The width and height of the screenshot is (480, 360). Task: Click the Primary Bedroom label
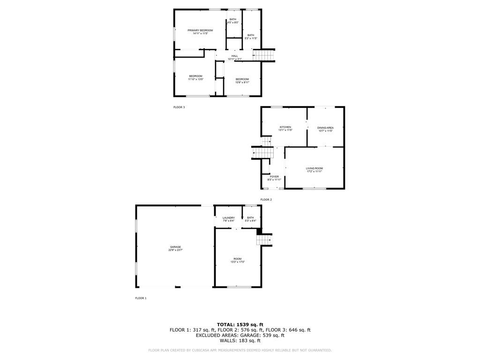point(200,32)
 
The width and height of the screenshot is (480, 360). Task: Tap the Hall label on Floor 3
point(234,58)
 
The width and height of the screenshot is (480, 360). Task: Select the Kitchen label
point(285,128)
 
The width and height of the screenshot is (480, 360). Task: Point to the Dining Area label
point(325,129)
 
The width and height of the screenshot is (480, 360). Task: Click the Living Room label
point(314,170)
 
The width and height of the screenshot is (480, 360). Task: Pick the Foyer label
point(274,178)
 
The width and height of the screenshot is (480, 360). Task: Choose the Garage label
point(175,248)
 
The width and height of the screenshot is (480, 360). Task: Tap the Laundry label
point(229,219)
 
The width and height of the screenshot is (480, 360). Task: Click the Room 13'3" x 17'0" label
point(238,260)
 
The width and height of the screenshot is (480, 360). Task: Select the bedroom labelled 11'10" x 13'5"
point(195,78)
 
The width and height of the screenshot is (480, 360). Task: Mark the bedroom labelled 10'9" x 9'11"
point(242,81)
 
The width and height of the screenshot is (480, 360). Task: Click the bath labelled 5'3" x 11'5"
point(251,37)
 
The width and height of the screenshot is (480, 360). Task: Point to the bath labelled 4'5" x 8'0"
point(233,21)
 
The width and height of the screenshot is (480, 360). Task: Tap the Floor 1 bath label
point(250,219)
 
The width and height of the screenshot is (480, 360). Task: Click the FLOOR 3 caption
point(179,107)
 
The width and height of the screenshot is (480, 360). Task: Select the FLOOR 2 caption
point(266,200)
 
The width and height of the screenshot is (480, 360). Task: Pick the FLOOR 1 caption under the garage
point(141,298)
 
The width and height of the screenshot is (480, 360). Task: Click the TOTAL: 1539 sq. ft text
point(240,324)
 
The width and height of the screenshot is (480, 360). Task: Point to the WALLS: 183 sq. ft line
point(240,341)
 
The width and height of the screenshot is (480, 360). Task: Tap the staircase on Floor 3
point(263,56)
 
